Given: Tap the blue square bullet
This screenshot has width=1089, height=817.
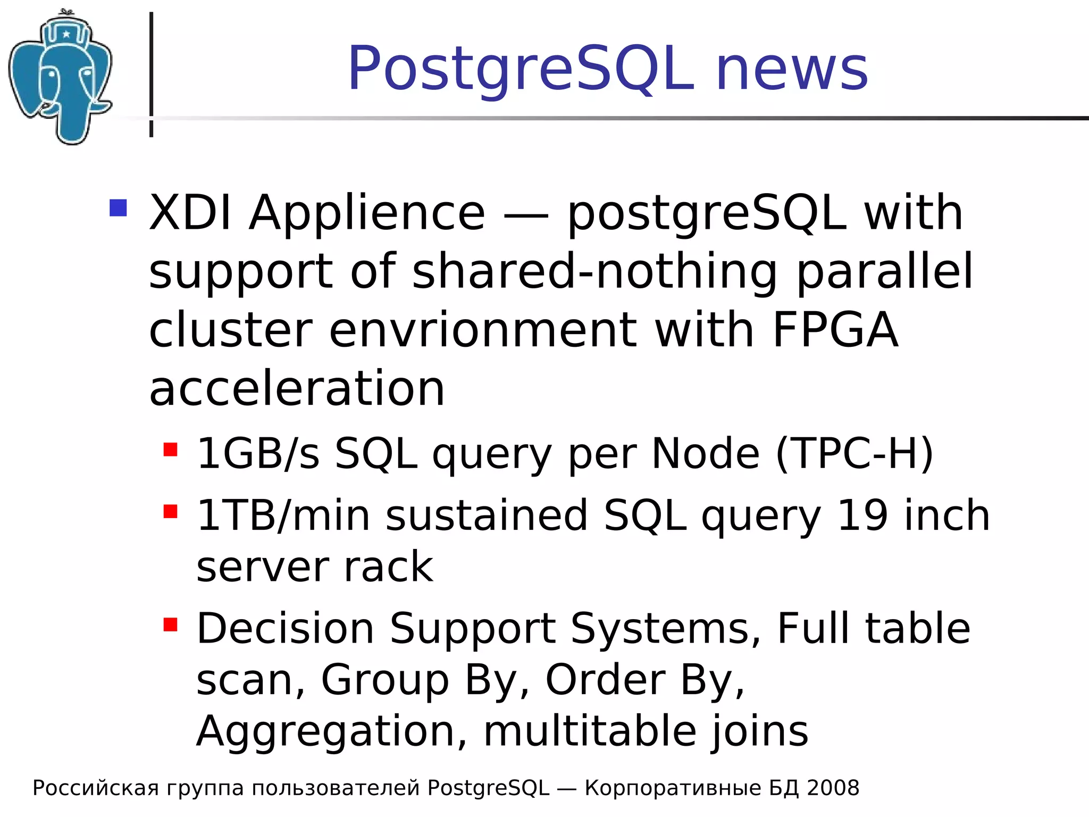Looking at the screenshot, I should point(118,207).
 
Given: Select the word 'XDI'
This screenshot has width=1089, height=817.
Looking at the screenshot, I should point(190,213).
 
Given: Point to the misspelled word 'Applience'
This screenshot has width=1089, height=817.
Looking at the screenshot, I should point(367,214).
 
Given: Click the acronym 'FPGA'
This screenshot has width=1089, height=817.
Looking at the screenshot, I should point(835,330).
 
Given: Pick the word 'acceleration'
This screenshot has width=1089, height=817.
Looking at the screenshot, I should point(297,389).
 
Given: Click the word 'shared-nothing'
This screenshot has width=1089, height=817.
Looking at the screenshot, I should point(594,272).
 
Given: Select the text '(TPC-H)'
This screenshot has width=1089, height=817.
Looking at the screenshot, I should point(855,454).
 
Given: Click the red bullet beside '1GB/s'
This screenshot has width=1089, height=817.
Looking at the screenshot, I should point(170,450).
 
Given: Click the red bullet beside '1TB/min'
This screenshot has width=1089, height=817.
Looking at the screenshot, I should point(170,512).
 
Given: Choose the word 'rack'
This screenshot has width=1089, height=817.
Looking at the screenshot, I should point(388,567).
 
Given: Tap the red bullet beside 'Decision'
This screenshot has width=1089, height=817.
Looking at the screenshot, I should point(170,624).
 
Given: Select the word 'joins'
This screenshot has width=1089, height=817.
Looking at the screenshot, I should point(759,732).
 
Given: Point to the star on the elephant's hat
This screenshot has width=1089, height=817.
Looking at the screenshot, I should point(66,35).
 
